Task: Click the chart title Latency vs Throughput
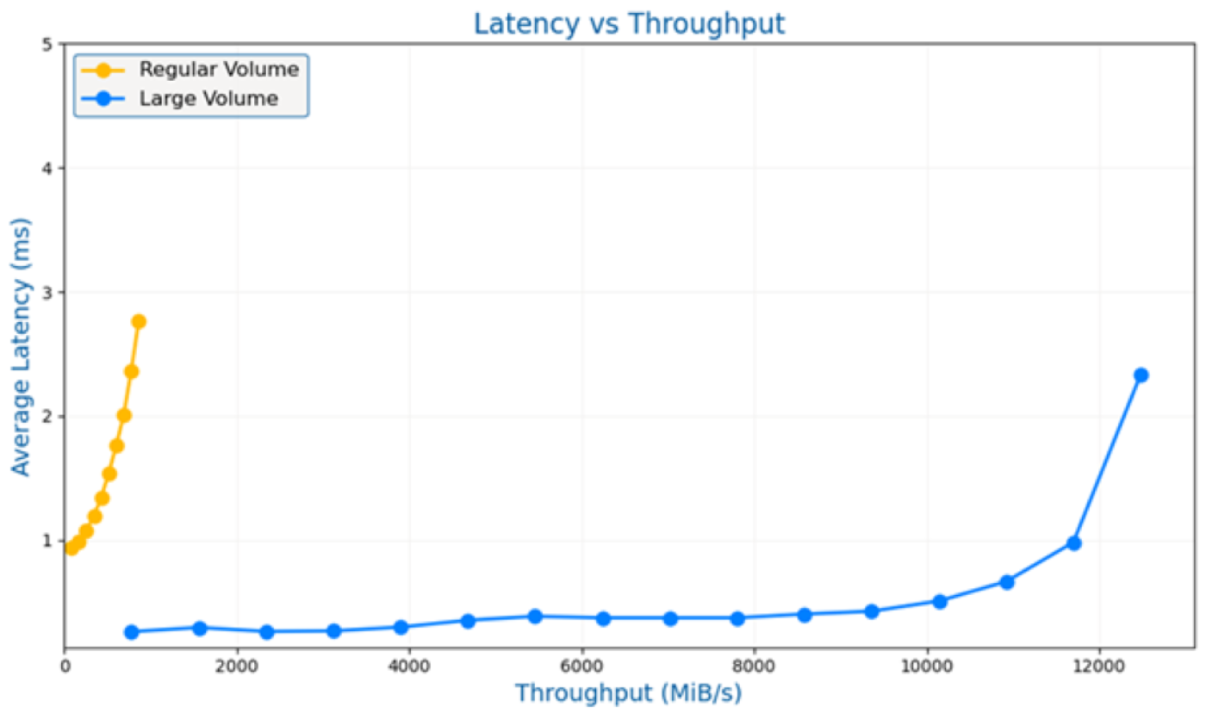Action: coord(629,23)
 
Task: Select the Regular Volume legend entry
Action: coord(219,70)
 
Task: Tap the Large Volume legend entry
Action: coord(208,99)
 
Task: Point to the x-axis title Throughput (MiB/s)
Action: coord(628,693)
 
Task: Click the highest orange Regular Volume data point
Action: coord(138,321)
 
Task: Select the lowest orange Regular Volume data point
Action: coord(71,548)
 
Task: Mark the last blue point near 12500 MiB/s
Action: coord(1141,375)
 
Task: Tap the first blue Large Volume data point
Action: coord(132,632)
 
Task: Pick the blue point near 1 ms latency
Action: coord(1073,543)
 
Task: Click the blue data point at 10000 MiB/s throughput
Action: coord(939,601)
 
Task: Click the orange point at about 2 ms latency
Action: coord(124,415)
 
